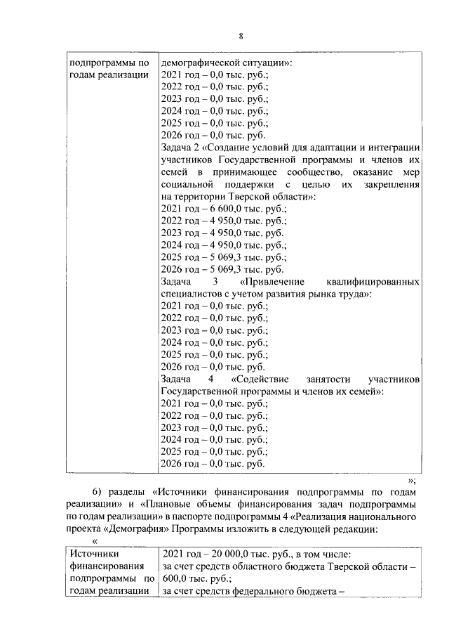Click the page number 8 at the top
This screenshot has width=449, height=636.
coord(241,37)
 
